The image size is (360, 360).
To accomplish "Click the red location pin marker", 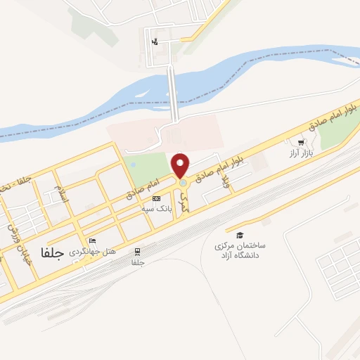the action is pyautogui.click(x=181, y=165).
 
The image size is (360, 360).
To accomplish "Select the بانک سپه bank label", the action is pyautogui.click(x=160, y=210).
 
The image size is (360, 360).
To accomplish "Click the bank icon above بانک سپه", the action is pyautogui.click(x=156, y=199).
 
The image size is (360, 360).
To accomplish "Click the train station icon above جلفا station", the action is pyautogui.click(x=138, y=251).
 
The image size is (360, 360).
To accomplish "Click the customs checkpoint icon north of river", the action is pyautogui.click(x=155, y=41).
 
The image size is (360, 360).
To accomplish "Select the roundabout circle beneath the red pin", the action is pyautogui.click(x=183, y=183).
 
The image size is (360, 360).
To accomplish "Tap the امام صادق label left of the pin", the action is pyautogui.click(x=143, y=186).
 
